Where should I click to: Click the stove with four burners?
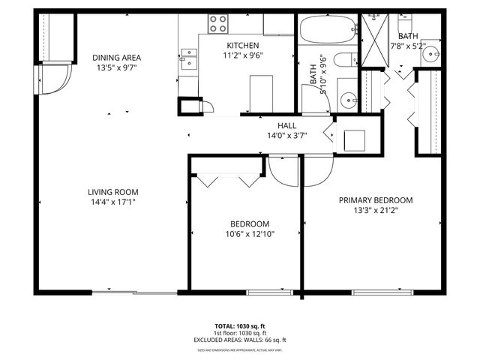click(x=218, y=22)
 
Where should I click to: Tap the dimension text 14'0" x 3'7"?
click(x=286, y=136)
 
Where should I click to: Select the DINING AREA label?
click(x=116, y=58)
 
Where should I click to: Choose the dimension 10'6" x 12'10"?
click(x=249, y=234)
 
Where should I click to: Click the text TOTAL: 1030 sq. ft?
click(x=239, y=326)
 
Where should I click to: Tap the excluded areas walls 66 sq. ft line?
click(x=239, y=340)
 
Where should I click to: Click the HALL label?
click(x=286, y=125)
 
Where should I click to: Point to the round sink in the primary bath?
click(x=428, y=55)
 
